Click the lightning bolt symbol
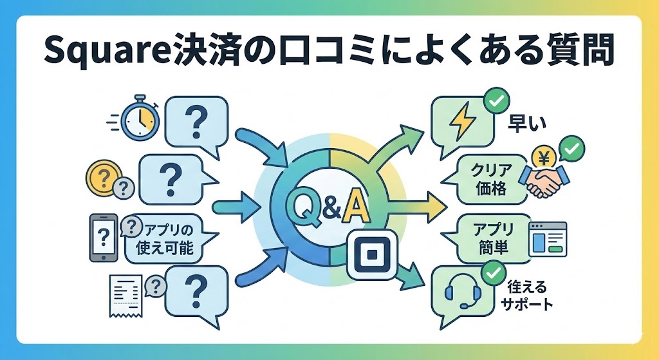coord(462,122)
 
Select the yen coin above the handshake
coord(544,156)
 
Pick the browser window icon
coord(548,238)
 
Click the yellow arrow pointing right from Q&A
coord(418,207)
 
